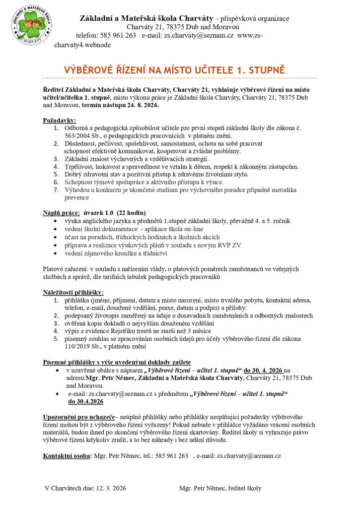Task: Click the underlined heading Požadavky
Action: (x=60, y=120)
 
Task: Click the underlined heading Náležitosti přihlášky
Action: (x=73, y=292)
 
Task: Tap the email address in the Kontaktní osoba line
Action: (x=248, y=455)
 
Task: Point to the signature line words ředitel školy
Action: (x=242, y=488)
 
